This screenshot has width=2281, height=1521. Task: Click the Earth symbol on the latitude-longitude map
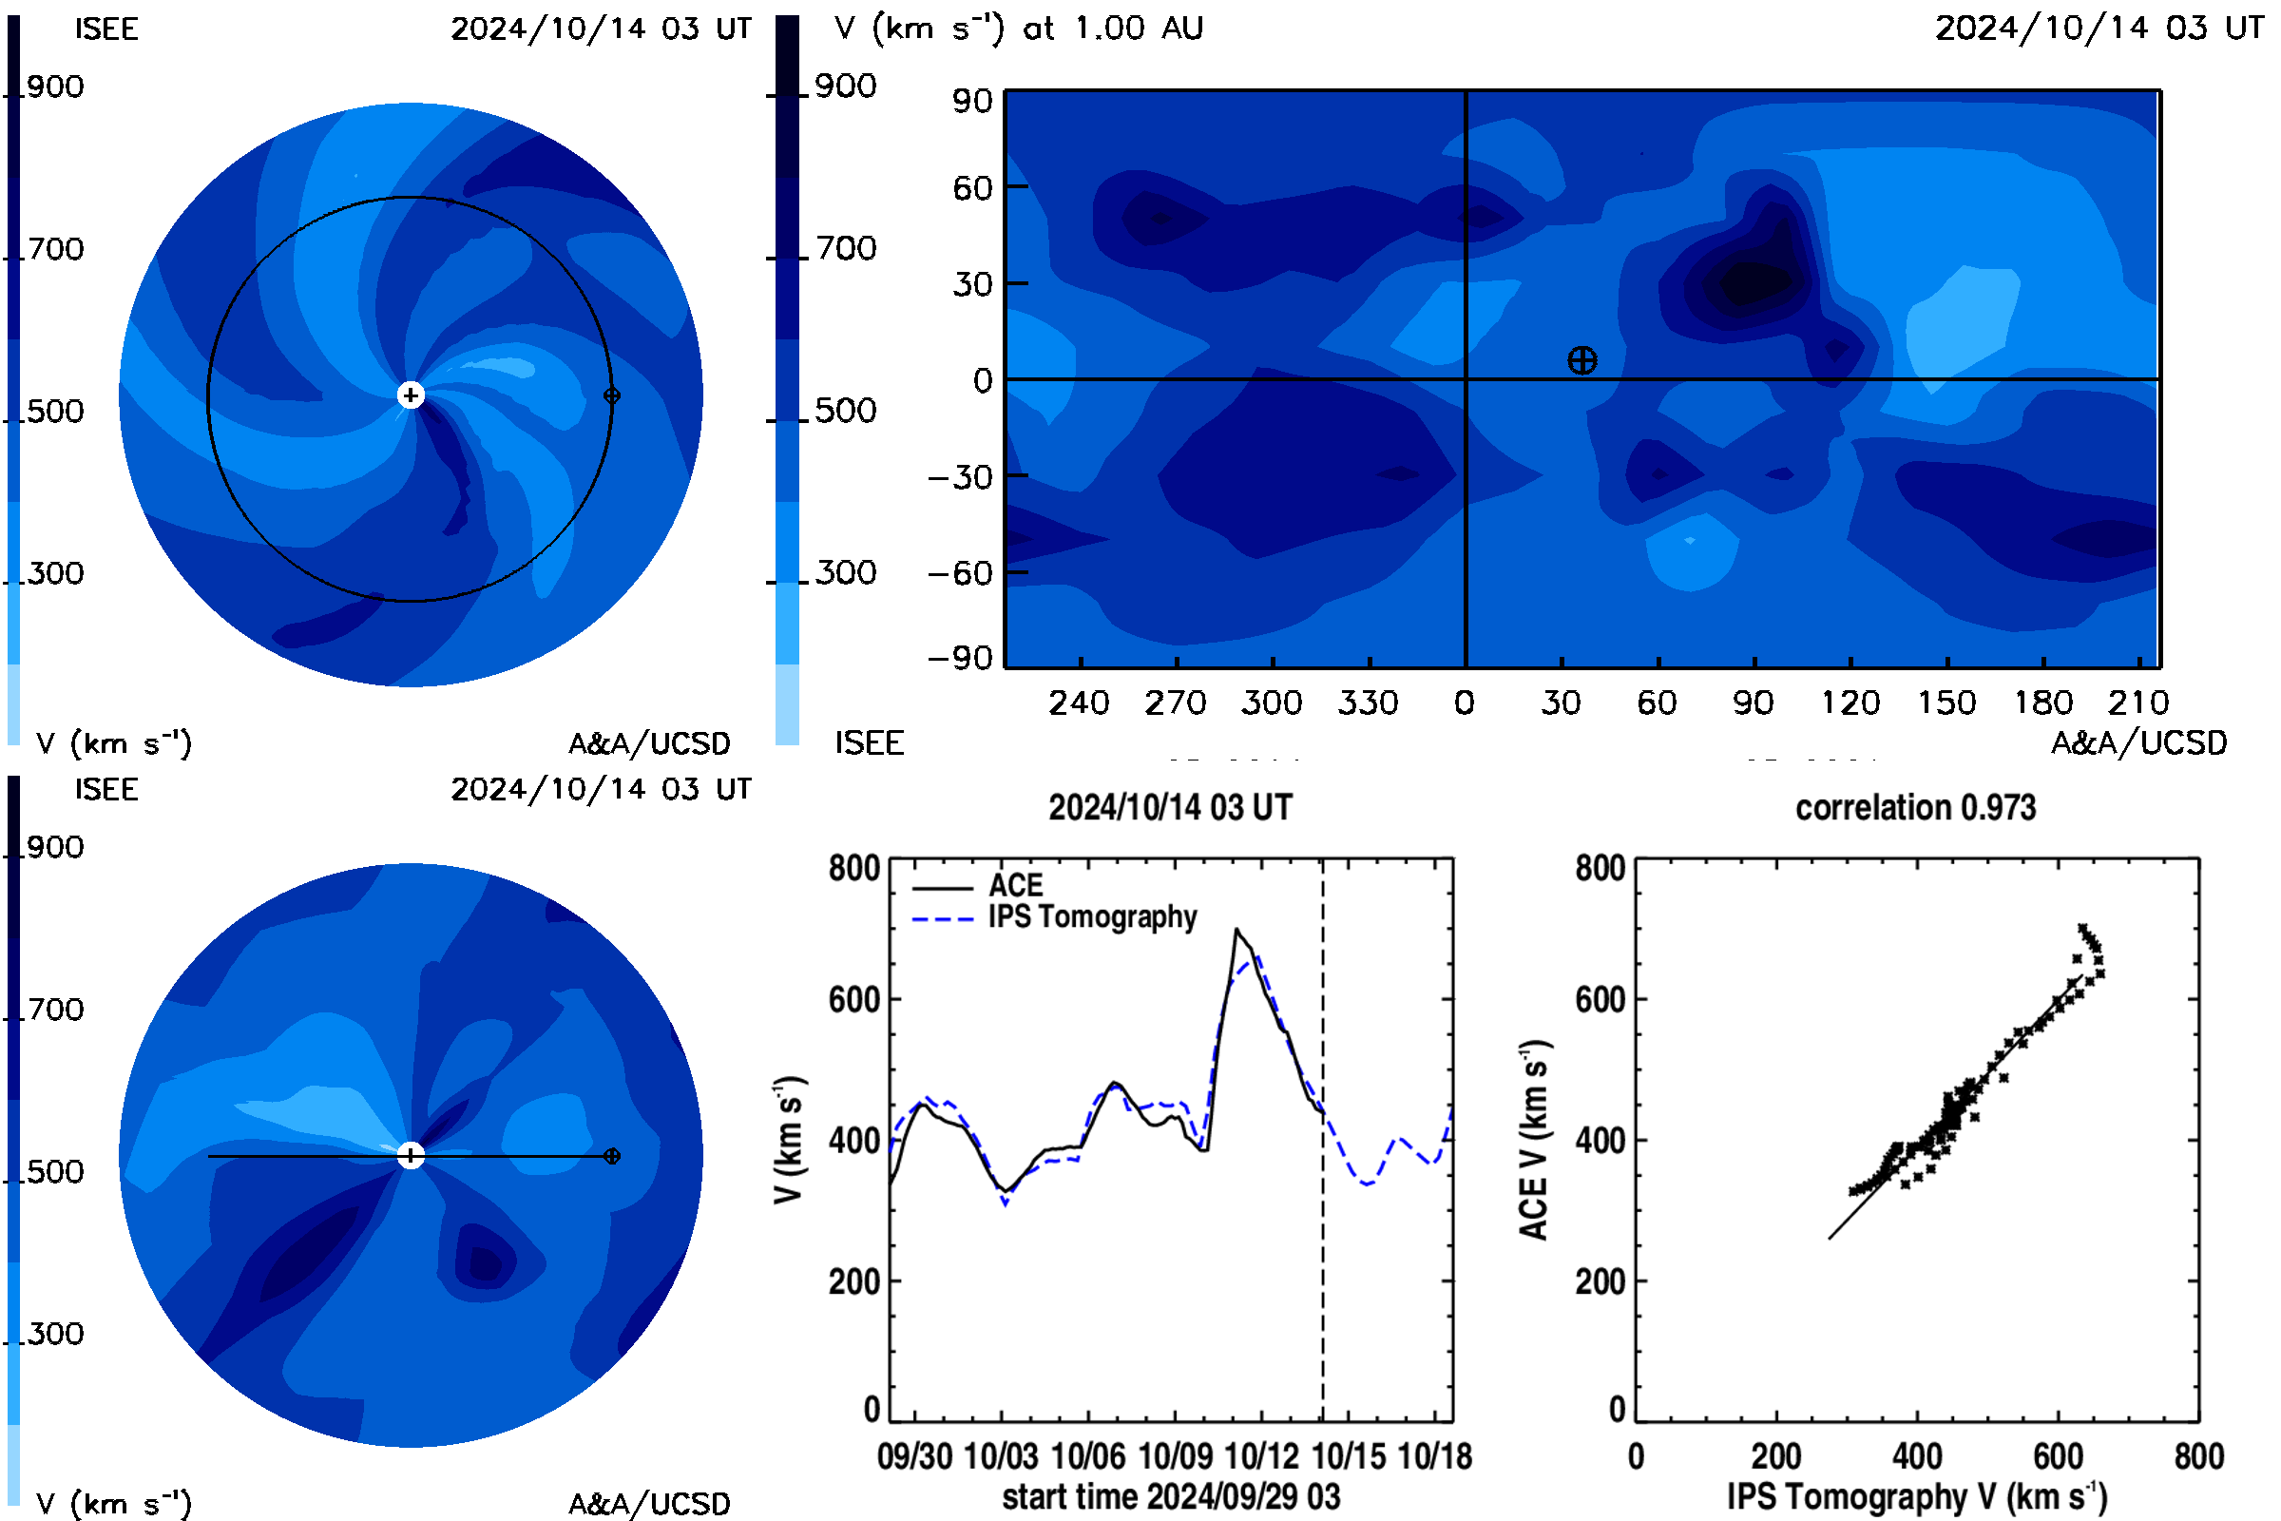point(1581,361)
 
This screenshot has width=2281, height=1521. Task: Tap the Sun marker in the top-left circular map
point(412,395)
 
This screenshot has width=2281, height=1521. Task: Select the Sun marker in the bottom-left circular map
point(412,1155)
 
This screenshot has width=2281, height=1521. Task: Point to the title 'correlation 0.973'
point(1915,808)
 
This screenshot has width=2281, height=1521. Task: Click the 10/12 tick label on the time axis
point(1261,1456)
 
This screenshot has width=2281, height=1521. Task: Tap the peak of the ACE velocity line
point(1236,930)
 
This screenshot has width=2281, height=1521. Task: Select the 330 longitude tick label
point(1369,703)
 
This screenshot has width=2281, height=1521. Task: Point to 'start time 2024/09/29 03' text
point(1172,1496)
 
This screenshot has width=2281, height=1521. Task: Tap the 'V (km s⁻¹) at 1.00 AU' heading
point(1019,29)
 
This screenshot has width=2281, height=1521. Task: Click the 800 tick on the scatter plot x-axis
point(2198,1456)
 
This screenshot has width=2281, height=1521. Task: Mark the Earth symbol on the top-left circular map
point(612,395)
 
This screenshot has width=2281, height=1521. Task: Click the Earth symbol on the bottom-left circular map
point(612,1156)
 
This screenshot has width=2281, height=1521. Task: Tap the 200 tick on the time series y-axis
point(853,1282)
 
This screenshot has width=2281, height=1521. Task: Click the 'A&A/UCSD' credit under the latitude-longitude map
point(2139,743)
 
